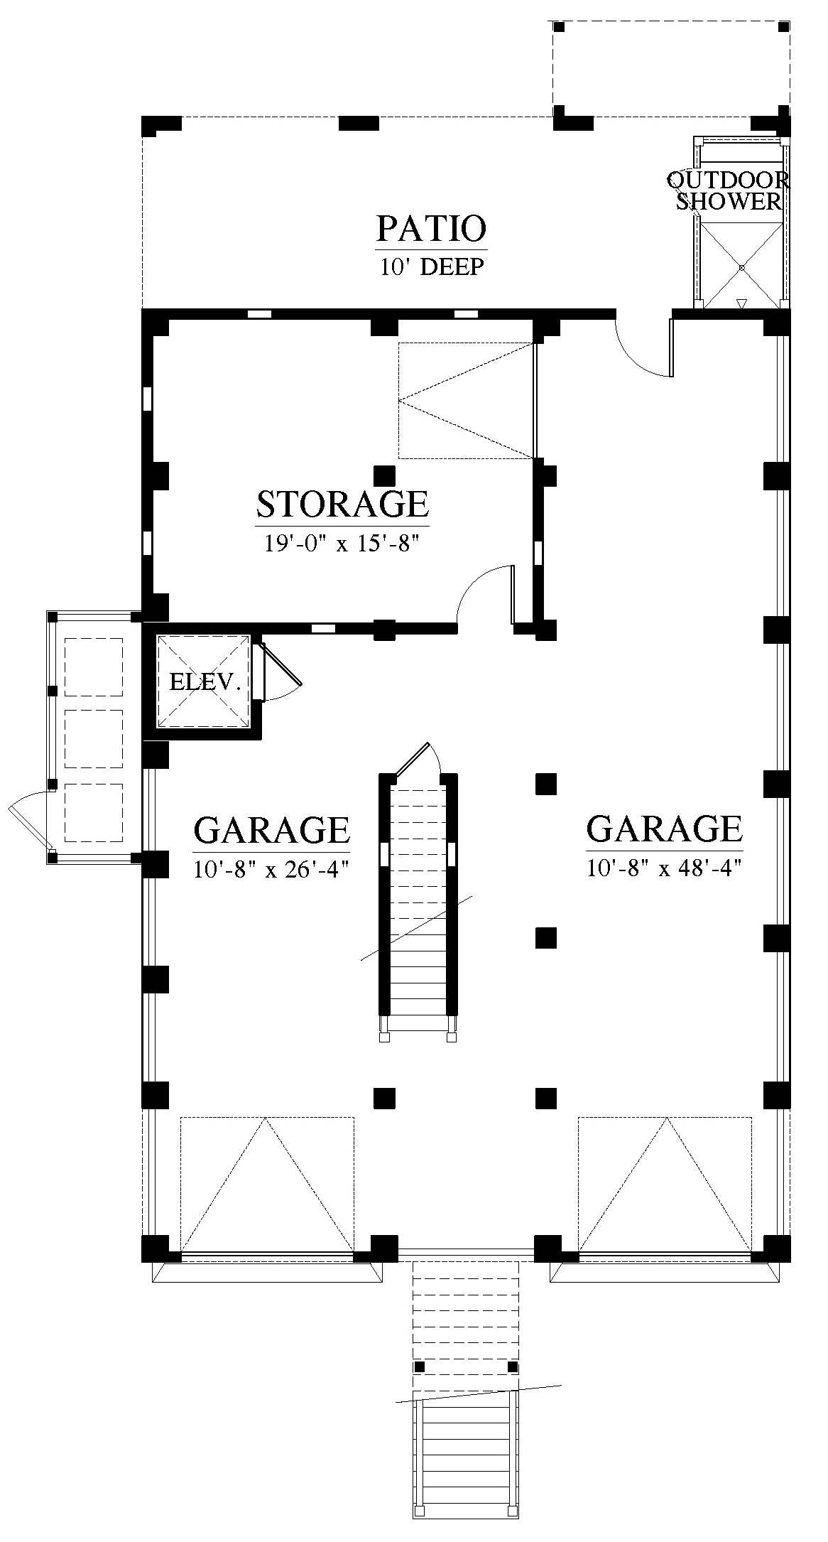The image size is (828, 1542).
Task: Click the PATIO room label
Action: tap(431, 229)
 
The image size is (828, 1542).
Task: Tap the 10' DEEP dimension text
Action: tap(432, 267)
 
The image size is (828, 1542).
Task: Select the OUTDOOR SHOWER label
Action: tap(728, 190)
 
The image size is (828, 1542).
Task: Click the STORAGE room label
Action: tap(342, 504)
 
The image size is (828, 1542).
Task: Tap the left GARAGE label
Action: tap(271, 829)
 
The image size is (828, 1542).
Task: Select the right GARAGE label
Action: tap(664, 828)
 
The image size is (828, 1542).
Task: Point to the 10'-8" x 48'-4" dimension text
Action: tap(665, 868)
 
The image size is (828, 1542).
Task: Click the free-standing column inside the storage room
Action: tap(384, 475)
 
